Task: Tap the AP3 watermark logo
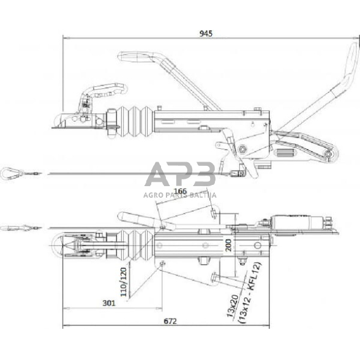point(179,175)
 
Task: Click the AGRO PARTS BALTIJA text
point(179,196)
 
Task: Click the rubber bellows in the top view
point(134,246)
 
